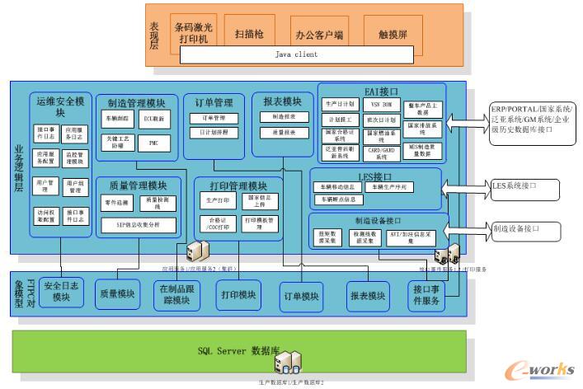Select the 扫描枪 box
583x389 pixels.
249,34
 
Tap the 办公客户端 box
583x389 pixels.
318,35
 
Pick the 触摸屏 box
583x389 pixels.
393,35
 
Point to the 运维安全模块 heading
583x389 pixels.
61,105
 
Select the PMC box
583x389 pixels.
153,143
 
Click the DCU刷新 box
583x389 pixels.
154,119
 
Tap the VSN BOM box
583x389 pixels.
380,105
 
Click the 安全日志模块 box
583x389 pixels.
62,291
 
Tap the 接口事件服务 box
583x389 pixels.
429,296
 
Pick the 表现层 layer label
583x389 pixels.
154,35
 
